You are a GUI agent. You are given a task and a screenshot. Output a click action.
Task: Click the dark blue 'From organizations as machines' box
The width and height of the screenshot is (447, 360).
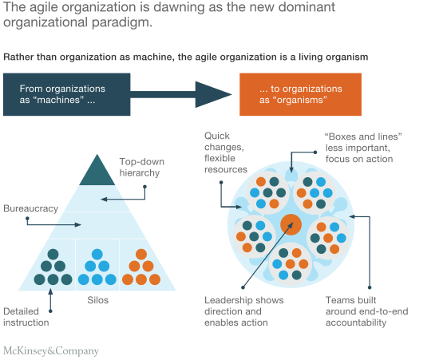(67, 94)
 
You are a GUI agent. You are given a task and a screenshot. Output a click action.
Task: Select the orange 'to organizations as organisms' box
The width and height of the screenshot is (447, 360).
(300, 94)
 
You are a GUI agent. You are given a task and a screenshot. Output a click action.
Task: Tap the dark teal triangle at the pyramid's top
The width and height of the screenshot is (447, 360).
(97, 170)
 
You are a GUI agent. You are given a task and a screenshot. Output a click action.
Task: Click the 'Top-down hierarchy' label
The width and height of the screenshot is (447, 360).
(142, 168)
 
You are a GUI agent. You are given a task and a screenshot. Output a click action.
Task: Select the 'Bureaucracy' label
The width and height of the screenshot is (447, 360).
(31, 208)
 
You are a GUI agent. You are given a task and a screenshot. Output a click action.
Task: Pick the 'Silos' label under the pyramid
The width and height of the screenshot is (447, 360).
(97, 300)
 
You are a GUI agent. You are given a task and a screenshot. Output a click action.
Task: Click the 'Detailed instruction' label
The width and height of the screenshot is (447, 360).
(26, 317)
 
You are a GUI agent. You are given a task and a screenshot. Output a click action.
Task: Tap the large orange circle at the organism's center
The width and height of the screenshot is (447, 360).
(291, 224)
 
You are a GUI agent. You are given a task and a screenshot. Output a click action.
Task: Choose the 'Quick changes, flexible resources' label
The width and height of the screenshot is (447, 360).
(225, 152)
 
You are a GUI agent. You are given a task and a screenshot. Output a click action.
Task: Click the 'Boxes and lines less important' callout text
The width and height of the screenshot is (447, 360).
(363, 148)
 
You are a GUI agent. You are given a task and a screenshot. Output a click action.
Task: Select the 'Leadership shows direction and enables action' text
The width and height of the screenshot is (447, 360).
(244, 311)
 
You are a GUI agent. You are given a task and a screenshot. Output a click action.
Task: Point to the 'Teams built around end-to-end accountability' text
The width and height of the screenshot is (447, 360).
(366, 311)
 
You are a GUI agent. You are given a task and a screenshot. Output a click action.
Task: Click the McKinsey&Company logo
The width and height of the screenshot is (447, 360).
(51, 351)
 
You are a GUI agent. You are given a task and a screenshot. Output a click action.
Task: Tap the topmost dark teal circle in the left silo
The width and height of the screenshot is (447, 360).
(53, 255)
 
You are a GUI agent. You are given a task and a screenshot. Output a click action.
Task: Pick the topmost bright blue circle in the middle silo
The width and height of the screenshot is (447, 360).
(97, 255)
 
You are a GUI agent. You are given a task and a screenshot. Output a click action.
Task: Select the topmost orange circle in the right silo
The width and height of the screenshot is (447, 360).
(141, 255)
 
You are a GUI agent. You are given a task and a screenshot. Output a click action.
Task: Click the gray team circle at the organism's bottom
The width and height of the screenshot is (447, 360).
(291, 264)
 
